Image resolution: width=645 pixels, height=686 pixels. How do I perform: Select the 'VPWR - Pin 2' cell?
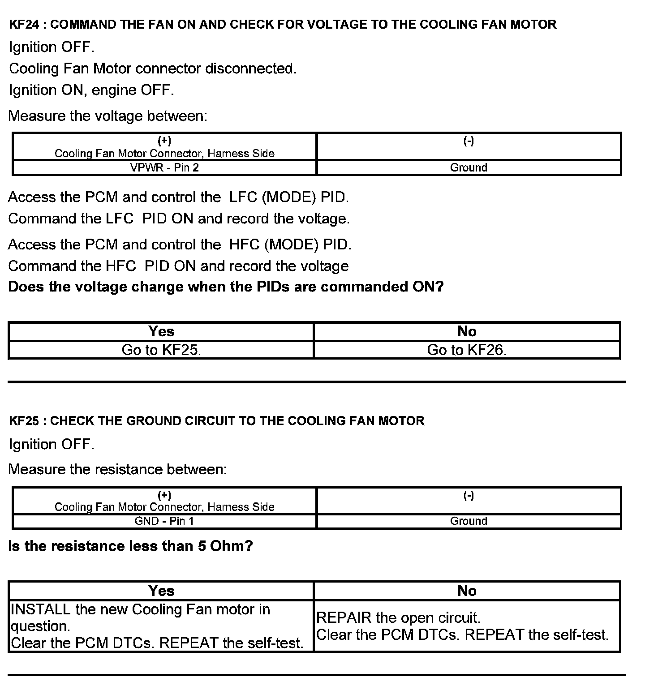pyautogui.click(x=164, y=167)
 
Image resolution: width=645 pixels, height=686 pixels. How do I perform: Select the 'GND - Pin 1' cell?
pyautogui.click(x=164, y=521)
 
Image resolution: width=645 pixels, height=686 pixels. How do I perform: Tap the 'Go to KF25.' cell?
pyautogui.click(x=161, y=350)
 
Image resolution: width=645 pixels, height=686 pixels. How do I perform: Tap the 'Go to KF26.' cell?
pyautogui.click(x=467, y=350)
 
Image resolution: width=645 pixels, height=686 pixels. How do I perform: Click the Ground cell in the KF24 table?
pyautogui.click(x=469, y=167)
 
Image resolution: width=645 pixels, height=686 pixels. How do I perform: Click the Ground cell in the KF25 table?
pyautogui.click(x=469, y=521)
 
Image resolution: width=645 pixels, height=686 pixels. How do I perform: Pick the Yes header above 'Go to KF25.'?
pyautogui.click(x=161, y=331)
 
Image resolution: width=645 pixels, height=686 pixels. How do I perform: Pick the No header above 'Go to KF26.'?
pyautogui.click(x=467, y=331)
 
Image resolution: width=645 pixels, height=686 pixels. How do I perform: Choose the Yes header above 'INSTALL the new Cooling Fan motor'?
pyautogui.click(x=161, y=591)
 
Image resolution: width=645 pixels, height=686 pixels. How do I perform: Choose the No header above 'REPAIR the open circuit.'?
pyautogui.click(x=467, y=591)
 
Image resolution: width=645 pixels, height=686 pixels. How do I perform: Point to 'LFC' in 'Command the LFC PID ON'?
pyautogui.click(x=120, y=219)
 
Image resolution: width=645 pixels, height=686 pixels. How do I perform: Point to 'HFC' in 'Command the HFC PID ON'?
pyautogui.click(x=121, y=266)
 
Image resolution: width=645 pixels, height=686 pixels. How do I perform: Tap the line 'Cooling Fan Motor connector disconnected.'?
pyautogui.click(x=153, y=69)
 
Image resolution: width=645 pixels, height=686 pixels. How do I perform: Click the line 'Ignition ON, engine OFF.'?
pyautogui.click(x=91, y=90)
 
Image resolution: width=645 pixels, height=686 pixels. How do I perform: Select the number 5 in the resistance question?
pyautogui.click(x=202, y=546)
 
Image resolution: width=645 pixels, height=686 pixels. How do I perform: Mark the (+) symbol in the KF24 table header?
pyautogui.click(x=164, y=141)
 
